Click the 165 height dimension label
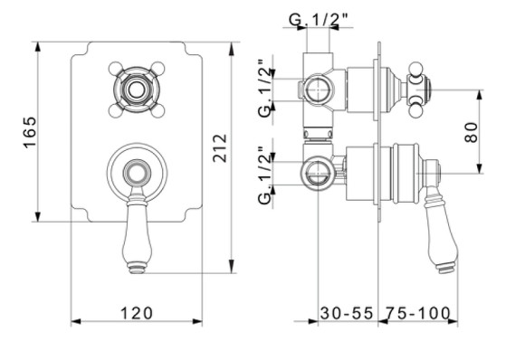[30, 132]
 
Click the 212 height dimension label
[220, 148]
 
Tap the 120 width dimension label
[137, 314]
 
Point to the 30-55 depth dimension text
[347, 314]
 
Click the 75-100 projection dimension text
[418, 314]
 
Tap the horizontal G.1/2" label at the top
[320, 20]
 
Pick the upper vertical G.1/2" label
[265, 88]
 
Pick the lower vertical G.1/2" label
[265, 175]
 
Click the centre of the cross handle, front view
[137, 90]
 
